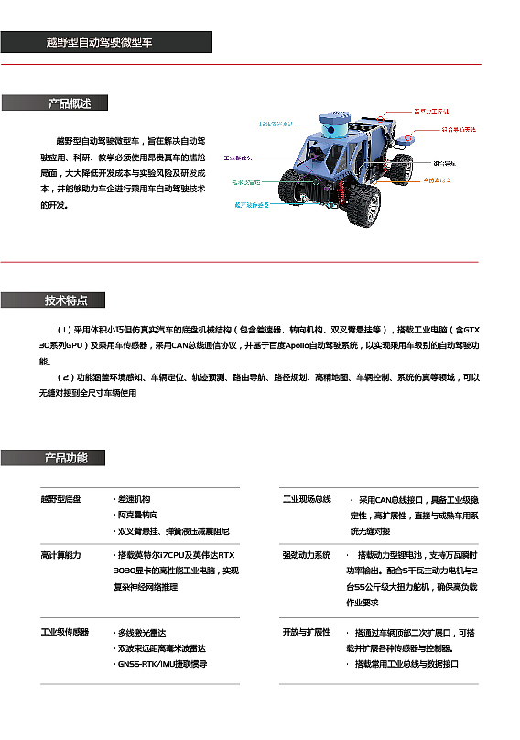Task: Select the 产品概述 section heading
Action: [70, 103]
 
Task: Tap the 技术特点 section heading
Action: [67, 300]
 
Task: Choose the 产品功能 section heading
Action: [67, 458]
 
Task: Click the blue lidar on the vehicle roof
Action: [331, 129]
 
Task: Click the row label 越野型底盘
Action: [61, 499]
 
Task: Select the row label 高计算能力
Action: [61, 555]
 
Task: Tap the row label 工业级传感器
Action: [65, 633]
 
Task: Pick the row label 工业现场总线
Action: [307, 499]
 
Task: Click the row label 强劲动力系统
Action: [307, 555]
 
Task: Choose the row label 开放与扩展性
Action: [307, 633]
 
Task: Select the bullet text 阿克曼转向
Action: [136, 515]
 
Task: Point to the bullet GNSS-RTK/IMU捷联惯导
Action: [162, 664]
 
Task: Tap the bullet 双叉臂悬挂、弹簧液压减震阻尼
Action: [173, 530]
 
